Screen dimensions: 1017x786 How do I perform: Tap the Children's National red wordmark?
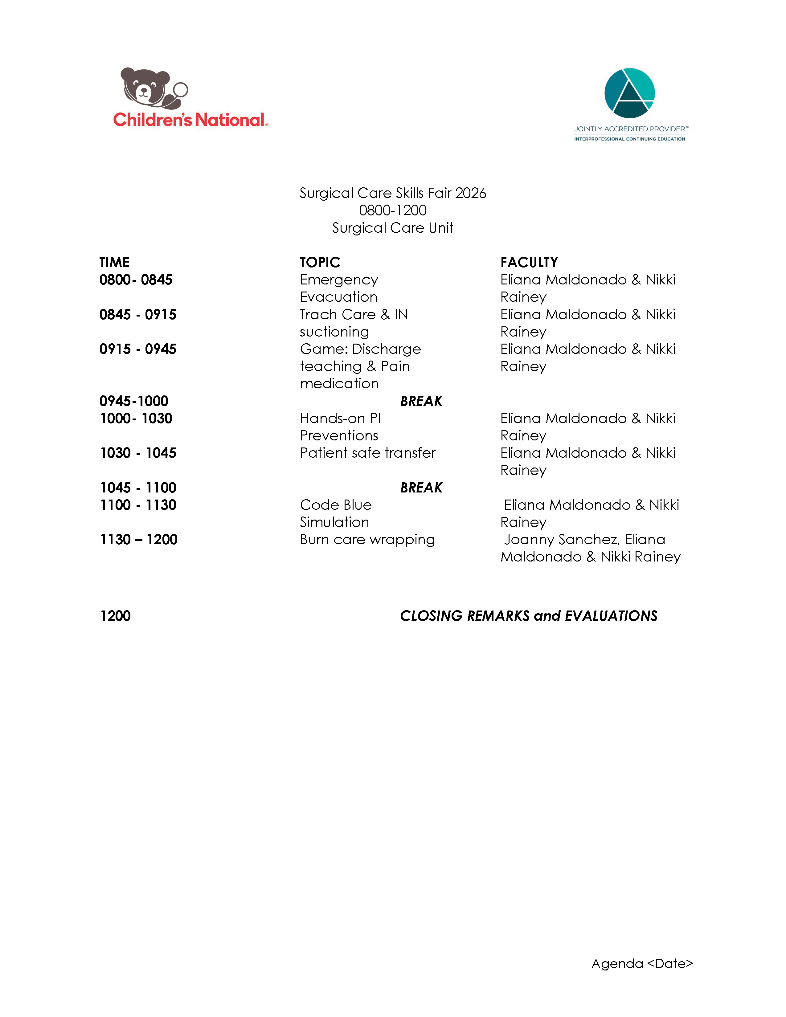[190, 120]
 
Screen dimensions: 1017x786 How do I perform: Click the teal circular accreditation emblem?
[629, 93]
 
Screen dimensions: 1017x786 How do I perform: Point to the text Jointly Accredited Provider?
[629, 129]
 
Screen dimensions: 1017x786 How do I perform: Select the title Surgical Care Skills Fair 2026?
[392, 193]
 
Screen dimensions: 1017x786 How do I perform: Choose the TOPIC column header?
[320, 263]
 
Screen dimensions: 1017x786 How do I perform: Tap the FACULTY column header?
[529, 263]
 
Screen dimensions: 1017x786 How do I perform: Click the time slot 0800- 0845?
[136, 280]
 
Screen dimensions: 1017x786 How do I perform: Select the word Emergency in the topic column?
[339, 280]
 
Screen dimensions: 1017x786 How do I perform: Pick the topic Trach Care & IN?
[354, 315]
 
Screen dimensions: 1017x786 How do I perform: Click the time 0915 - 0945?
[138, 349]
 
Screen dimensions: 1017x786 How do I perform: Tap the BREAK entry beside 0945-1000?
[421, 401]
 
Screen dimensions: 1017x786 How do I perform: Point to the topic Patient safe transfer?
[367, 453]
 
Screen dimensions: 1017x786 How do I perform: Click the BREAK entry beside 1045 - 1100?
[421, 488]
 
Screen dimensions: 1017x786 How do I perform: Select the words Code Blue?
[336, 505]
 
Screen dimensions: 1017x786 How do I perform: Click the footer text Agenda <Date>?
[642, 963]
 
